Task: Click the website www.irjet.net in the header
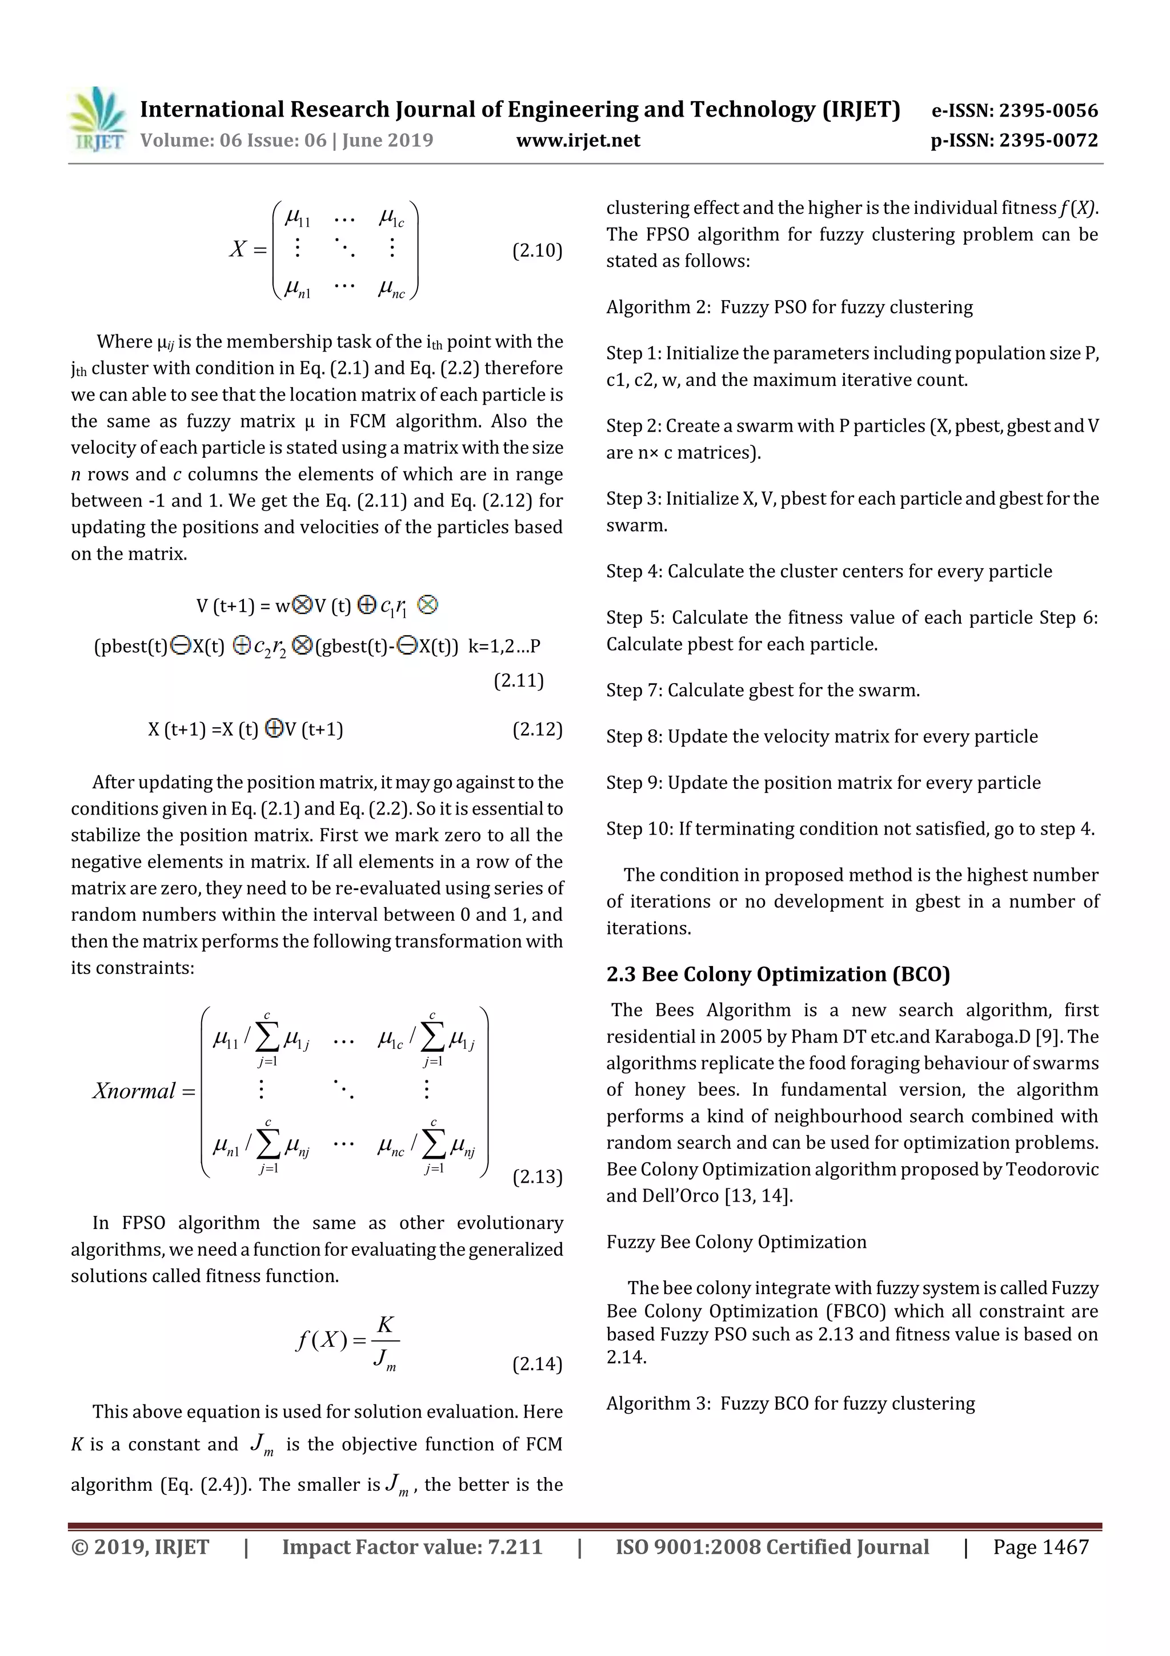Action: tap(578, 141)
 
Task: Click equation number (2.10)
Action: tap(537, 251)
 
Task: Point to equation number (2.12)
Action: tap(537, 729)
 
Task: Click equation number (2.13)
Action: tap(537, 1177)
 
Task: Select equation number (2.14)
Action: tap(537, 1364)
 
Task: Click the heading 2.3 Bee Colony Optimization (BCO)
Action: tap(778, 975)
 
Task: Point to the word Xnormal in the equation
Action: tap(134, 1091)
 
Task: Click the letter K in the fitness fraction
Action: tap(386, 1325)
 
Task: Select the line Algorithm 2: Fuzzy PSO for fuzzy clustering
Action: tap(790, 308)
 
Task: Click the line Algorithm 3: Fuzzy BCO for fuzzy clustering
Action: tap(790, 1403)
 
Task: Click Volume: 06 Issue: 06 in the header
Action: tap(234, 141)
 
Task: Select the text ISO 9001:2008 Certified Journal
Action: tap(772, 1547)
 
